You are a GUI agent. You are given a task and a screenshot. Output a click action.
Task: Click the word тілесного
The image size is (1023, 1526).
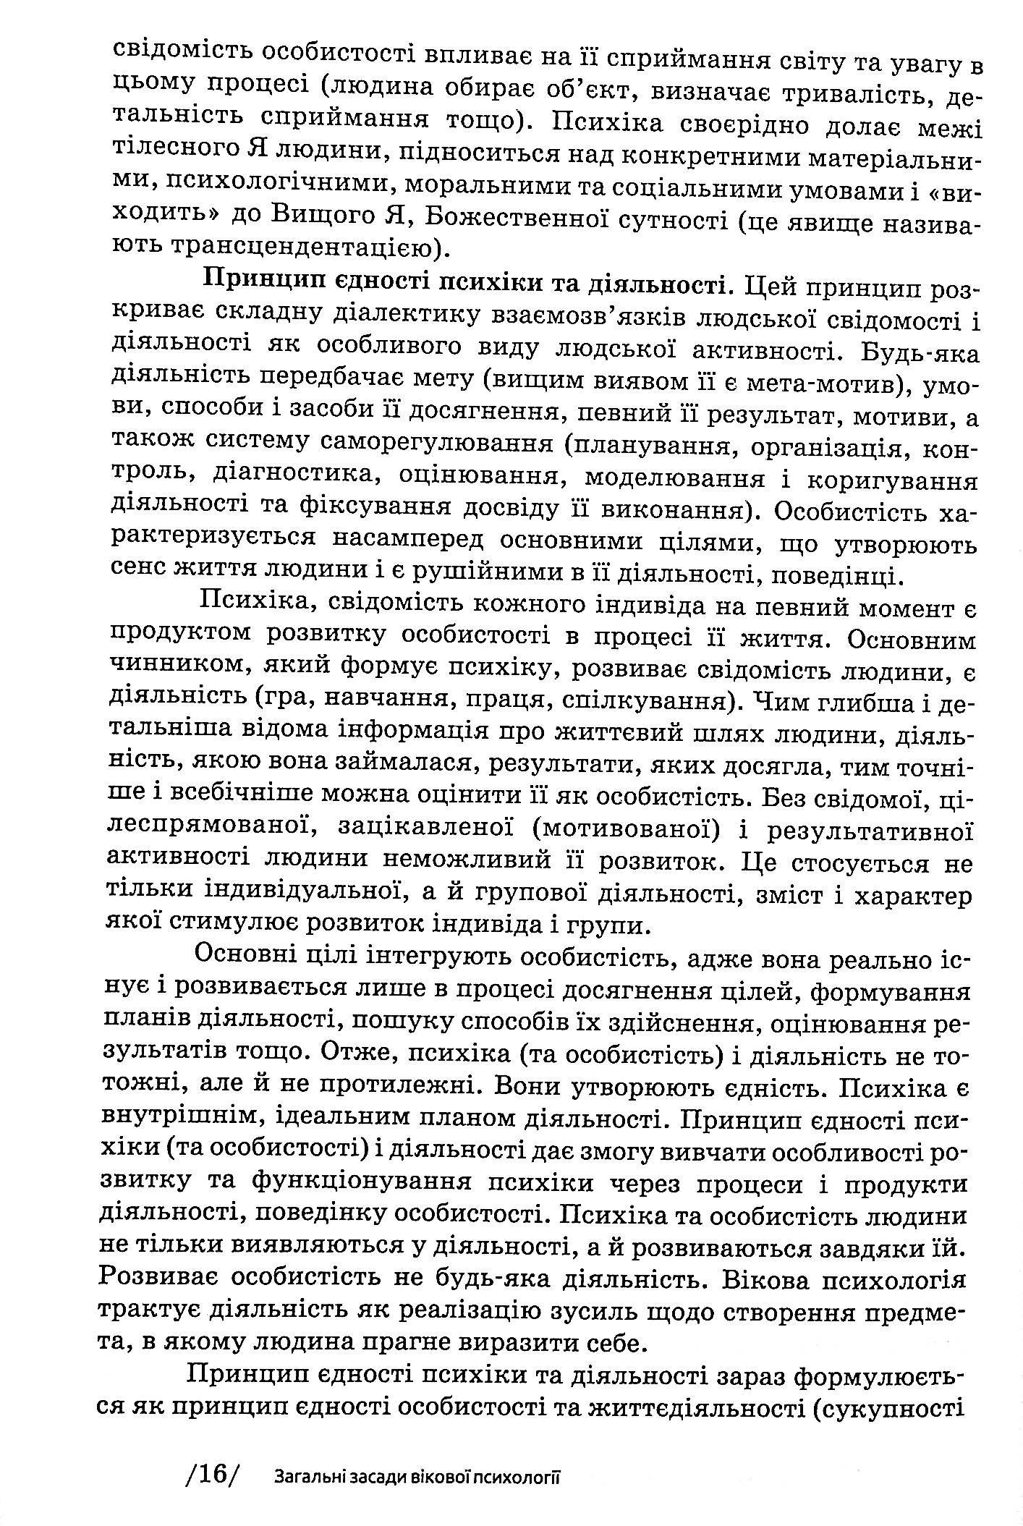(168, 154)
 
